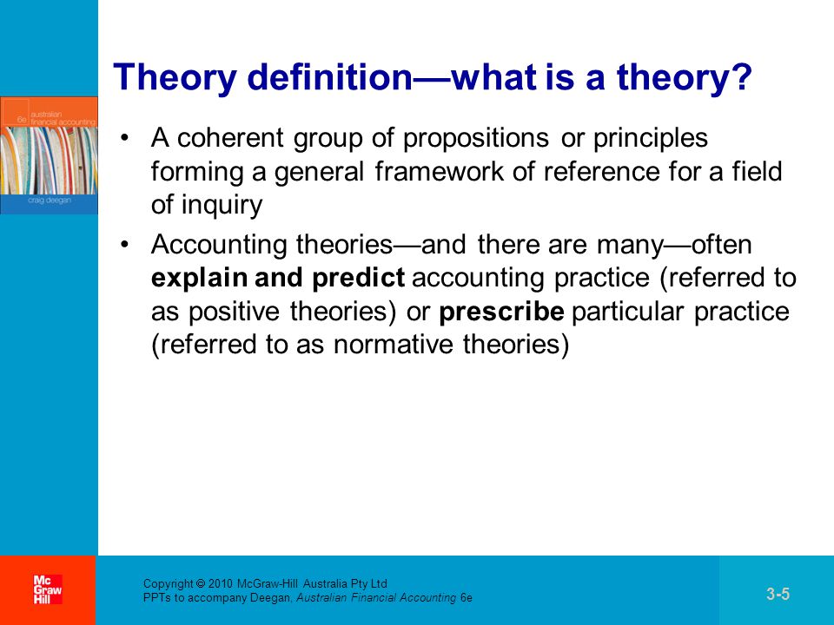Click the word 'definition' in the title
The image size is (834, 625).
point(330,77)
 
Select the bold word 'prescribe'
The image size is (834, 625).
point(501,312)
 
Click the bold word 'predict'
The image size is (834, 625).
point(359,279)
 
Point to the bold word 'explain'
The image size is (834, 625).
point(200,279)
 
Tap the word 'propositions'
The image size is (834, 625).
point(475,139)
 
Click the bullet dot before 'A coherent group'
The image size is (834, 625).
point(124,138)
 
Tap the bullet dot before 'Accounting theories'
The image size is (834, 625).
point(124,245)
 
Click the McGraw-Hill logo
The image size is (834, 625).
point(48,589)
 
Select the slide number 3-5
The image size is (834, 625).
point(778,594)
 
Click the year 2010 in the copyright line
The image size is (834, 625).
point(220,583)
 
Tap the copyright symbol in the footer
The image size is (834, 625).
point(201,583)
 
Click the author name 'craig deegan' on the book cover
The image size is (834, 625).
point(49,201)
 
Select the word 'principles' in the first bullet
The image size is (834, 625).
point(651,139)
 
